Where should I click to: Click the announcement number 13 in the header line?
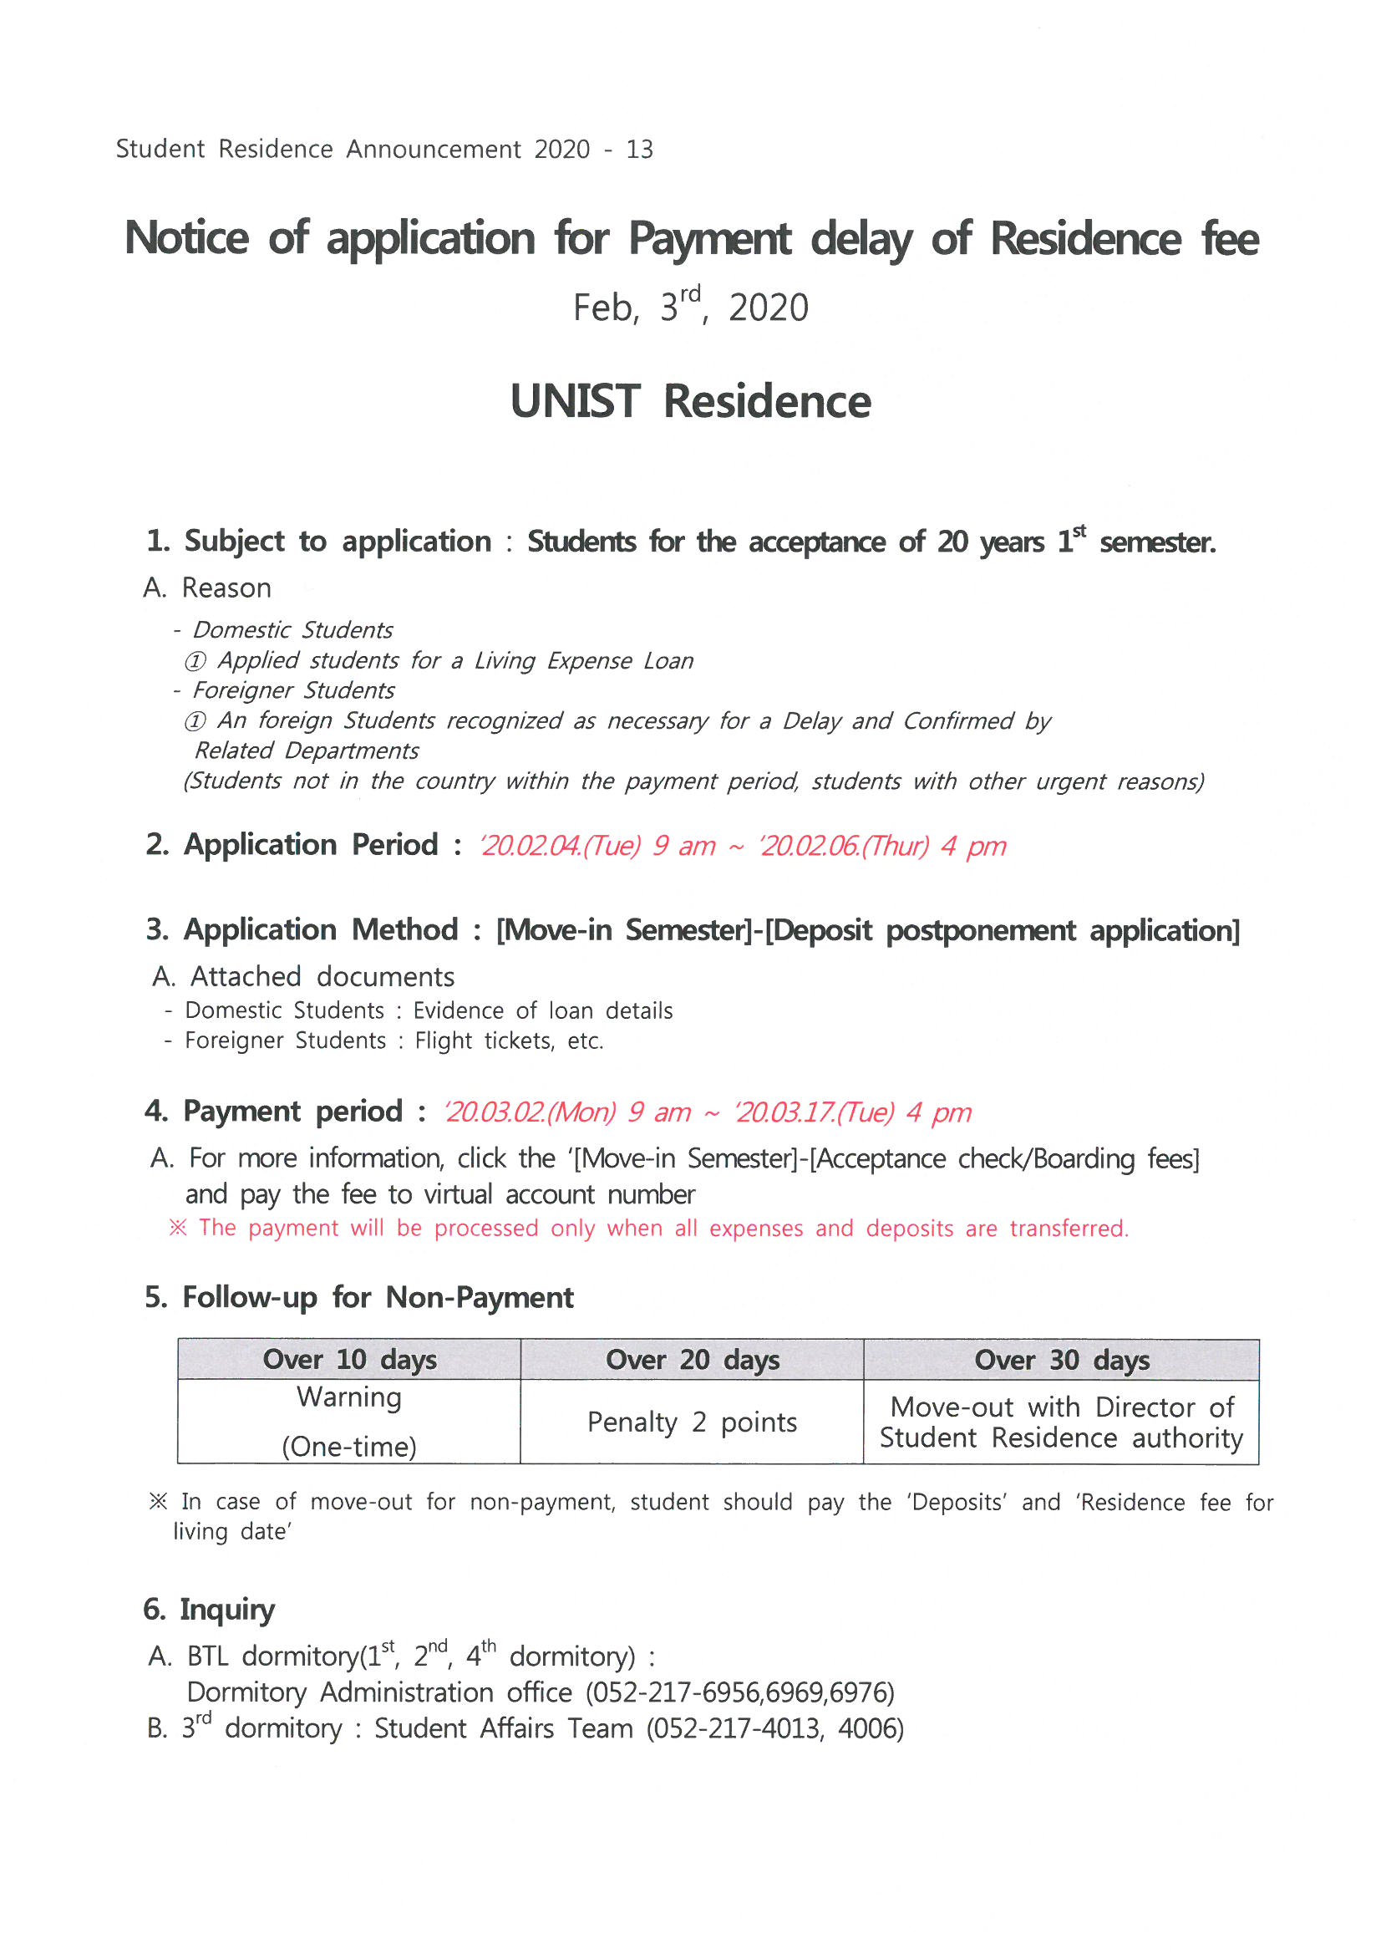(639, 150)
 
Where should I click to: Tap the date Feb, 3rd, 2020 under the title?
(690, 307)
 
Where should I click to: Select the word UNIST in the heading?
(574, 402)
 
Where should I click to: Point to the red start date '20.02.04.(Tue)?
(560, 846)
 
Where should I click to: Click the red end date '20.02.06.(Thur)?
(843, 846)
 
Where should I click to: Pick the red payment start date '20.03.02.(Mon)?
(529, 1112)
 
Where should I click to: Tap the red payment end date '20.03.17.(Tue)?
(815, 1112)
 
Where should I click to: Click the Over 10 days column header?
(349, 1360)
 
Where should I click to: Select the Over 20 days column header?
(692, 1360)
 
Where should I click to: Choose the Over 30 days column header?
(1061, 1360)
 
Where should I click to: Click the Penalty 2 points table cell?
(692, 1422)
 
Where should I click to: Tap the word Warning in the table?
(349, 1397)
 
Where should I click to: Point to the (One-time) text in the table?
(349, 1447)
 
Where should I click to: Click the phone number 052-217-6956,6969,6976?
(740, 1692)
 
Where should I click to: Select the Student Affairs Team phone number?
(774, 1728)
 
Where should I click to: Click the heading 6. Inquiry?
(210, 1610)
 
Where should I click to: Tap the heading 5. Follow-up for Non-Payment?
(359, 1298)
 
